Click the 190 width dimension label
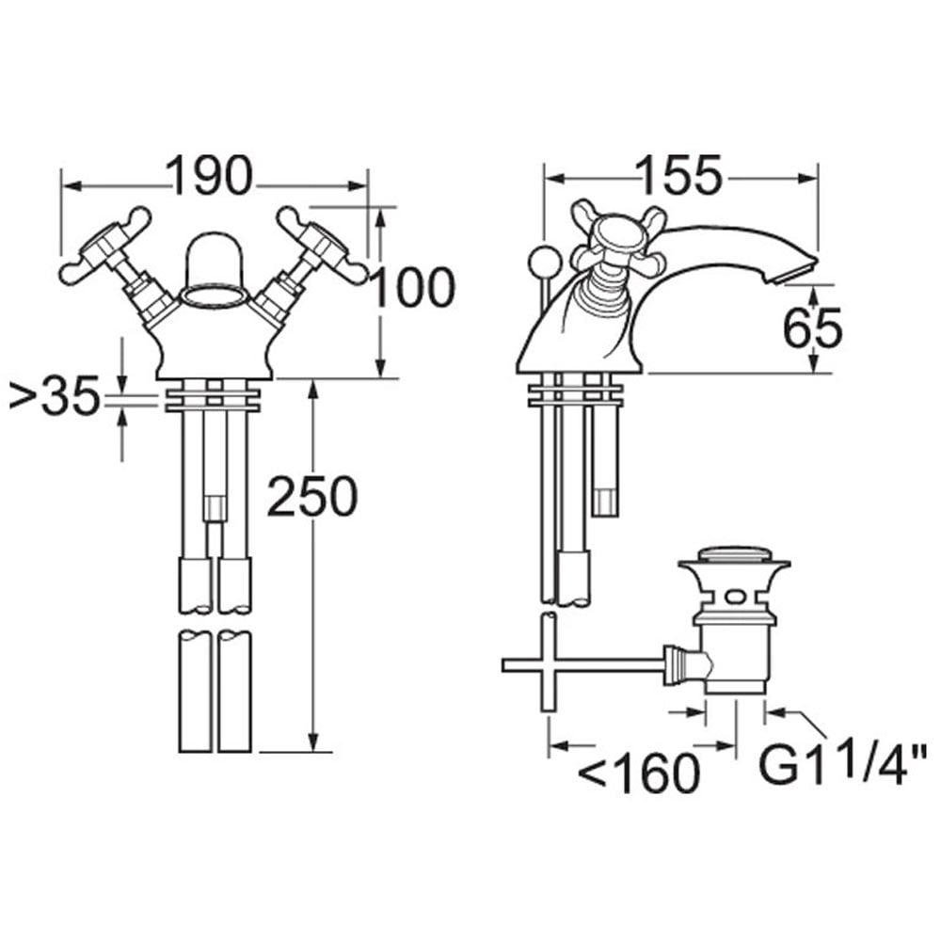[209, 176]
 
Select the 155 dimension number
[680, 176]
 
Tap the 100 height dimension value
[412, 288]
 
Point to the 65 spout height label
[813, 327]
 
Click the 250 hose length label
[312, 497]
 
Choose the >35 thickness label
[54, 396]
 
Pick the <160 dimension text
[639, 774]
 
